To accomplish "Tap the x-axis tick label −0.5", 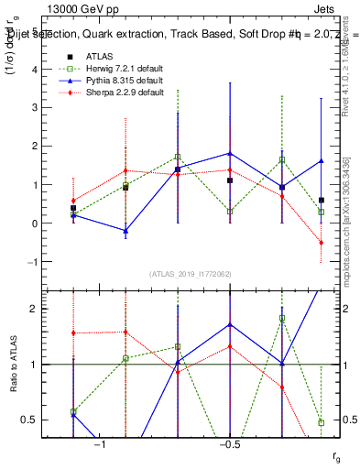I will pos(228,444).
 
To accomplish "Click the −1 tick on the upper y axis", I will pos(34,262).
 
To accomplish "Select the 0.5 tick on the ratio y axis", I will pos(30,420).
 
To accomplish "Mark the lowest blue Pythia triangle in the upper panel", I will pos(125,232).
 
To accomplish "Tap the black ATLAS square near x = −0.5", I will pos(230,180).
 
